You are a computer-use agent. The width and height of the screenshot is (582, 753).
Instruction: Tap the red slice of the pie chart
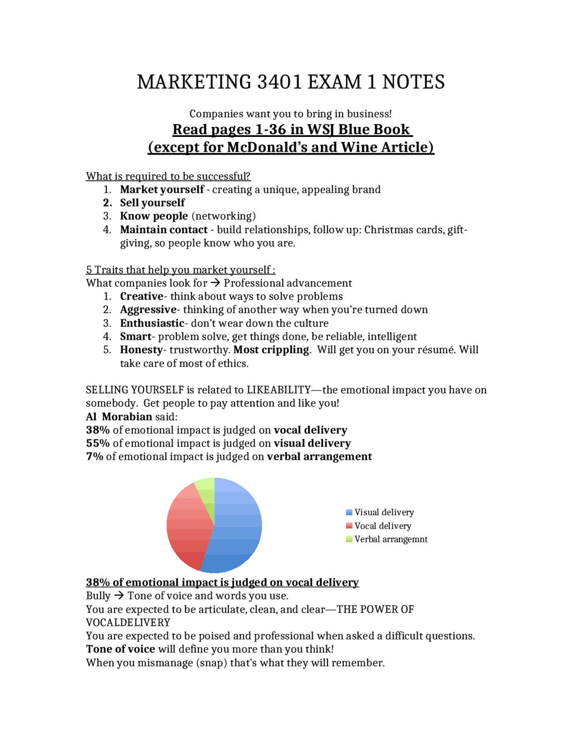(186, 527)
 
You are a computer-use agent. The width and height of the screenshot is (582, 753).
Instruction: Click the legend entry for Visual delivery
(384, 512)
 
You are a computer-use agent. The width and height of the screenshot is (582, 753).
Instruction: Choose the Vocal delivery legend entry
(382, 526)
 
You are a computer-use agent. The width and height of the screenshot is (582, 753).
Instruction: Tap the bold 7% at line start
(95, 457)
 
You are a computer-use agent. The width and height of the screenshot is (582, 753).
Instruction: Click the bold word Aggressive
(148, 310)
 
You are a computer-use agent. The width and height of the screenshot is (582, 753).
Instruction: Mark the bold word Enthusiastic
(152, 323)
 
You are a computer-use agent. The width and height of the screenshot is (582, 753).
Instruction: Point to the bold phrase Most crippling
(271, 350)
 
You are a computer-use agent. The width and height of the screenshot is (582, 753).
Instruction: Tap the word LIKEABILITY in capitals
(278, 390)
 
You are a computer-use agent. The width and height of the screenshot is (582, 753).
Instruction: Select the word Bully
(98, 596)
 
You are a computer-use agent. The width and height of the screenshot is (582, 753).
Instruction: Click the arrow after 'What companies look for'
(216, 283)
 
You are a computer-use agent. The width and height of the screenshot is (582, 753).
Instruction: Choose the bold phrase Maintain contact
(164, 230)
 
